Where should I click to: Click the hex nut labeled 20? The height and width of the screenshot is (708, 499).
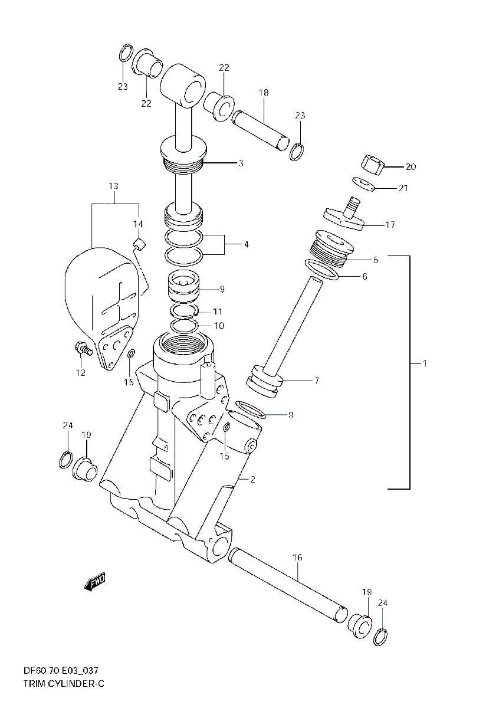pos(373,164)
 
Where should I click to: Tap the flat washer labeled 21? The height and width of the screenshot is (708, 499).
pos(364,184)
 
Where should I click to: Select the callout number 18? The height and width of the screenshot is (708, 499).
pos(263,93)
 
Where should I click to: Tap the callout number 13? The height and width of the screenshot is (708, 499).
pos(113,186)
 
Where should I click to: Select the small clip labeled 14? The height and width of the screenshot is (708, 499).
pos(139,244)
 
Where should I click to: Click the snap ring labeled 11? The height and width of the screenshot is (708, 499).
pos(184,310)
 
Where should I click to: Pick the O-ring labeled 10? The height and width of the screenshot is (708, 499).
pos(184,325)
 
